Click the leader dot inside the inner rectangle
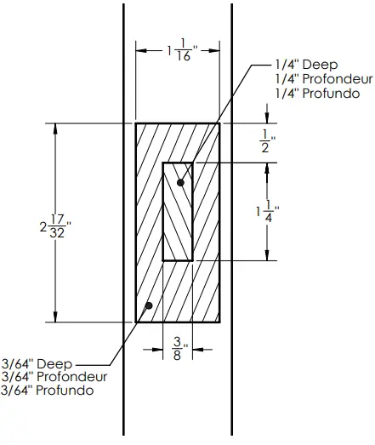[179, 182]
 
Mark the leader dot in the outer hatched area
[149, 305]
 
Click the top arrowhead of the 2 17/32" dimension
[57, 128]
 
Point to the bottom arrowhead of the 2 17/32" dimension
[57, 318]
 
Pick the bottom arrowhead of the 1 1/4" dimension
[269, 255]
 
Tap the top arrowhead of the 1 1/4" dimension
[269, 166]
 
